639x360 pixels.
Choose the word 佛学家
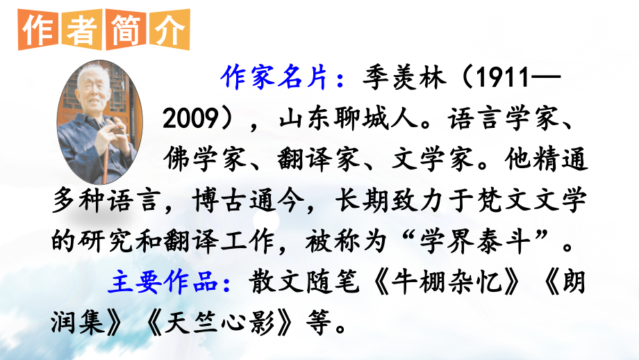[x=206, y=159]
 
